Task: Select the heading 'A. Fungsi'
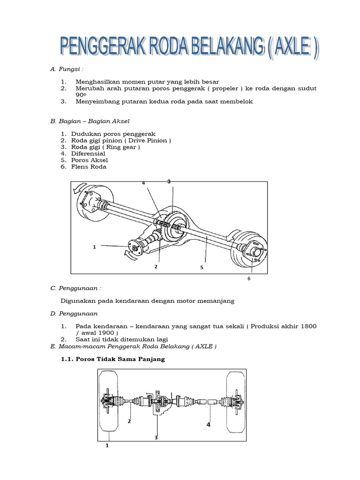point(67,69)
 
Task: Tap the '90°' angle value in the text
point(81,95)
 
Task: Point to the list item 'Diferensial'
point(88,153)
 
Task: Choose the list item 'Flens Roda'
point(89,166)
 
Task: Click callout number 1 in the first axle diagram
point(94,247)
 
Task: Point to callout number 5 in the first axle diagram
point(201,267)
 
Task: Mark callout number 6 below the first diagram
point(249,279)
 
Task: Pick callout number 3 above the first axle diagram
point(168,181)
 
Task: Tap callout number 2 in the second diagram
point(129,421)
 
